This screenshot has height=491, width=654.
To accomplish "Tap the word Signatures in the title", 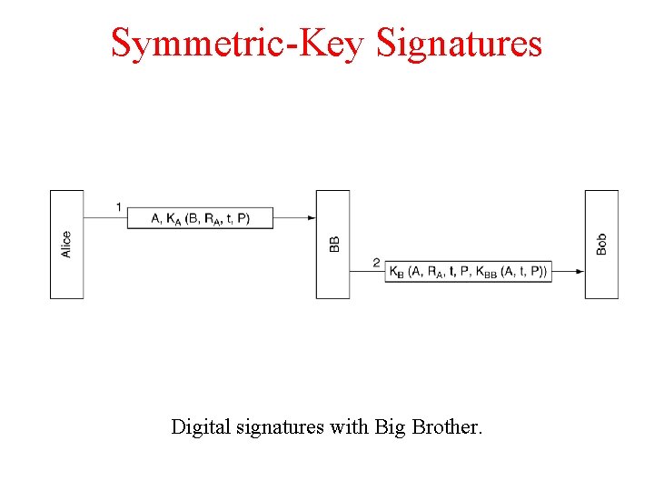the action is click(x=459, y=43).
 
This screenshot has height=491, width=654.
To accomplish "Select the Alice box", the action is click(x=66, y=244).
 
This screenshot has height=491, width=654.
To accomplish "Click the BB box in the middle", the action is click(x=332, y=244).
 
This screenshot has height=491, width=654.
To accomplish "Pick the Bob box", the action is click(x=601, y=244).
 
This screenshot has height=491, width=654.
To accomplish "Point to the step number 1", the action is click(x=119, y=207).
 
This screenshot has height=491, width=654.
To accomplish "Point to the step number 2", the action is click(x=376, y=263).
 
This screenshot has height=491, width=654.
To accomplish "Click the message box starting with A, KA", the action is click(x=200, y=218).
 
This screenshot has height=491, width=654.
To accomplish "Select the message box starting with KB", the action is click(x=468, y=271).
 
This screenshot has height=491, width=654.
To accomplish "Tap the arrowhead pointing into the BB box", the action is click(x=312, y=218).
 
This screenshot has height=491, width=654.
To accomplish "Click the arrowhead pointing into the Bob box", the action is click(x=580, y=271).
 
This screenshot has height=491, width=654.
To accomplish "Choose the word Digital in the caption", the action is click(x=199, y=426).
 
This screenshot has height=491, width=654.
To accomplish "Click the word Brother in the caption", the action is click(x=451, y=426).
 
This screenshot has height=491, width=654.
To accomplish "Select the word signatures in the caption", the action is click(x=277, y=426).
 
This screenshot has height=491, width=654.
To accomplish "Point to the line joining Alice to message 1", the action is click(x=104, y=218).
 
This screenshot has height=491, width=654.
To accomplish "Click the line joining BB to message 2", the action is click(x=367, y=271).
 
